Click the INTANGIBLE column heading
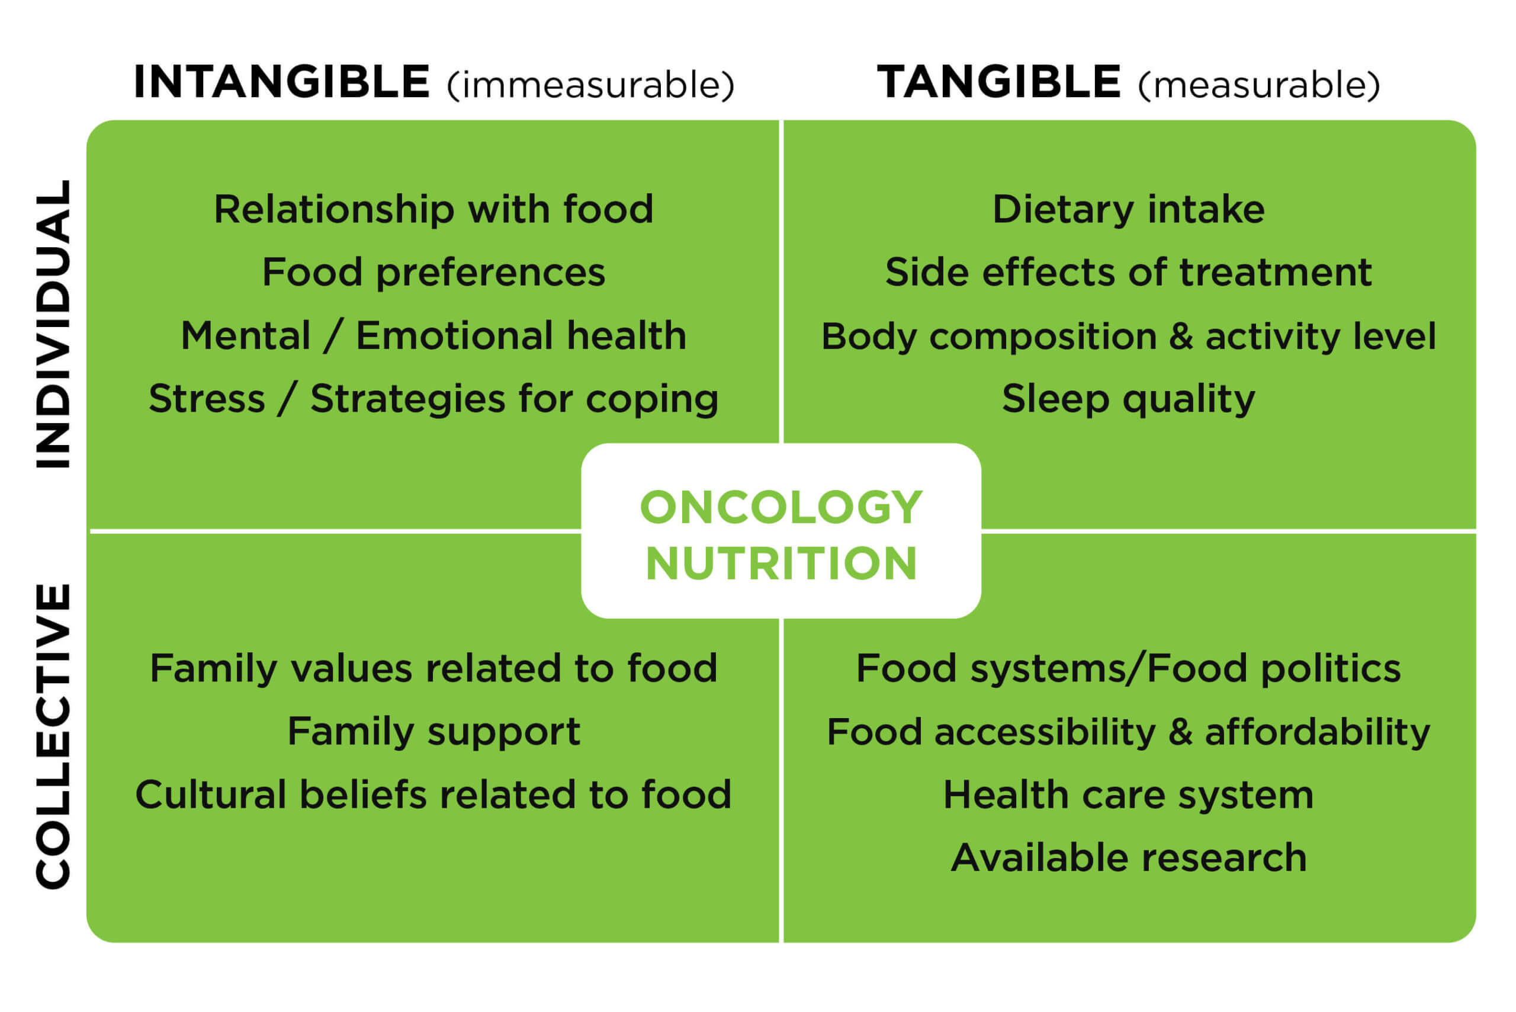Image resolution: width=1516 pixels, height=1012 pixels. coord(281,82)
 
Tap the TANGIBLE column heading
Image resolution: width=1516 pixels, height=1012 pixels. coord(998,82)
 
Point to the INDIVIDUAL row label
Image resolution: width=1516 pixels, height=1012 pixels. coord(53,324)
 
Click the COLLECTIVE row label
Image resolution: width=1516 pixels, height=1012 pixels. coord(53,736)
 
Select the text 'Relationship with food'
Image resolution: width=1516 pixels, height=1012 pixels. coord(433,209)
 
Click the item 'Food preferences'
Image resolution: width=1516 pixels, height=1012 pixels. coord(433,273)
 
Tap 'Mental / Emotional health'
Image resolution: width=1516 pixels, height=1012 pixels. coord(433,335)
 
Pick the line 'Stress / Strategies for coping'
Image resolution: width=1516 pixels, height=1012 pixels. coord(433,399)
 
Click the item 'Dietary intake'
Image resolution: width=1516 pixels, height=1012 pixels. coord(1128,209)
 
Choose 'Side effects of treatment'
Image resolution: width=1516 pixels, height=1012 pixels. coord(1128,273)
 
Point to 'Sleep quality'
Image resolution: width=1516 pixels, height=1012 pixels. coord(1128,399)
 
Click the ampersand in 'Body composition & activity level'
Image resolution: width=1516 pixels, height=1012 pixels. coord(1181,337)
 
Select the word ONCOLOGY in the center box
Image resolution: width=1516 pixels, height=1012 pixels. coord(781,507)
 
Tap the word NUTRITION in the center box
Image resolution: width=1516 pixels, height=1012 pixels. coord(781,563)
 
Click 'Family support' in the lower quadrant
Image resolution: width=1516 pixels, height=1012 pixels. coord(433,732)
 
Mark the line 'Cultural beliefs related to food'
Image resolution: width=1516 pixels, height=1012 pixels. coord(433,795)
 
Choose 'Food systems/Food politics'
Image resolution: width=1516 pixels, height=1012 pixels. coord(1128,668)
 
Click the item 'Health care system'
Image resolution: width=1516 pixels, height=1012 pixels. coord(1128,795)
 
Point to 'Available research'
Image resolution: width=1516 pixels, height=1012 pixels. coord(1128,858)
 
